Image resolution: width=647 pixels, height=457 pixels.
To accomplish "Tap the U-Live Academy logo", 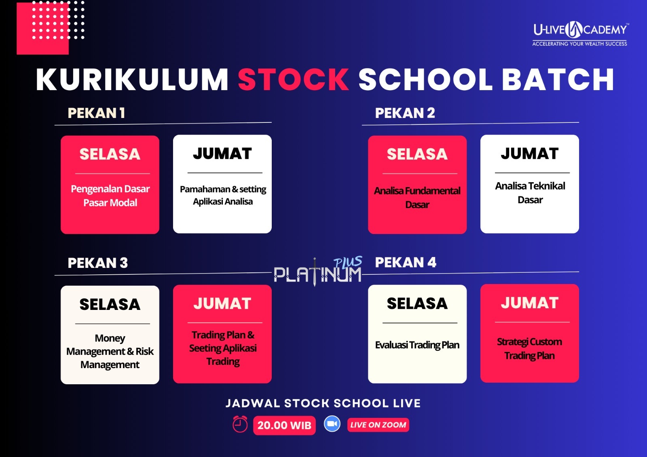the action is point(580,34).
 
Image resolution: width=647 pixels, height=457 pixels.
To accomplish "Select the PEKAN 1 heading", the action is point(96,113).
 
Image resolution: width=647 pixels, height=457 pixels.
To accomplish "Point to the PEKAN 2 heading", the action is point(405,113).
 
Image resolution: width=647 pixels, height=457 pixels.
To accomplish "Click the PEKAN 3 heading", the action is point(97,263).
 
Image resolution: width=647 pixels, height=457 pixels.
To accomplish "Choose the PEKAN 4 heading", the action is point(406,262).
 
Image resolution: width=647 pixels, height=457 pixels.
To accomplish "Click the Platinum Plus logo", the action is point(318,271).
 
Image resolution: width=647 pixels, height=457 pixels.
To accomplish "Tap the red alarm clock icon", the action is point(240,424).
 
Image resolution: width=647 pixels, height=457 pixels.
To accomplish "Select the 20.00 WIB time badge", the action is point(284,425).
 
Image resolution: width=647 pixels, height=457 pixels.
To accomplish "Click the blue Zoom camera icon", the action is point(332,424).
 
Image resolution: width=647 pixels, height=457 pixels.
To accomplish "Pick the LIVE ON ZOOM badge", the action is point(378,425).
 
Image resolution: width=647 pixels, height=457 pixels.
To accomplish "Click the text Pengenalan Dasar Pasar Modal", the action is point(110,196).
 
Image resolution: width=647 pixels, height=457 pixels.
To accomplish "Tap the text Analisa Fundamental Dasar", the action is point(417,198).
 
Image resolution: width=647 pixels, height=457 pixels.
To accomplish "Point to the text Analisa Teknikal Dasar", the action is point(530,193).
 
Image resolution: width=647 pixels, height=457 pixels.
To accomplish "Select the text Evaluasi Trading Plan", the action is point(417,345).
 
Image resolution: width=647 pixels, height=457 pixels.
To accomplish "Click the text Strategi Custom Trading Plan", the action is point(529,349).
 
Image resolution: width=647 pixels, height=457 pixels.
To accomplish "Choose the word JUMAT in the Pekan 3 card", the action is point(222,303).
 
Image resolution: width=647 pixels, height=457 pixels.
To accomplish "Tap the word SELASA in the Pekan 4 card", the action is point(417,303).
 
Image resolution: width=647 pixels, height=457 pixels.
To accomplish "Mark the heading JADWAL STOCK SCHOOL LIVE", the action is point(323,403).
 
